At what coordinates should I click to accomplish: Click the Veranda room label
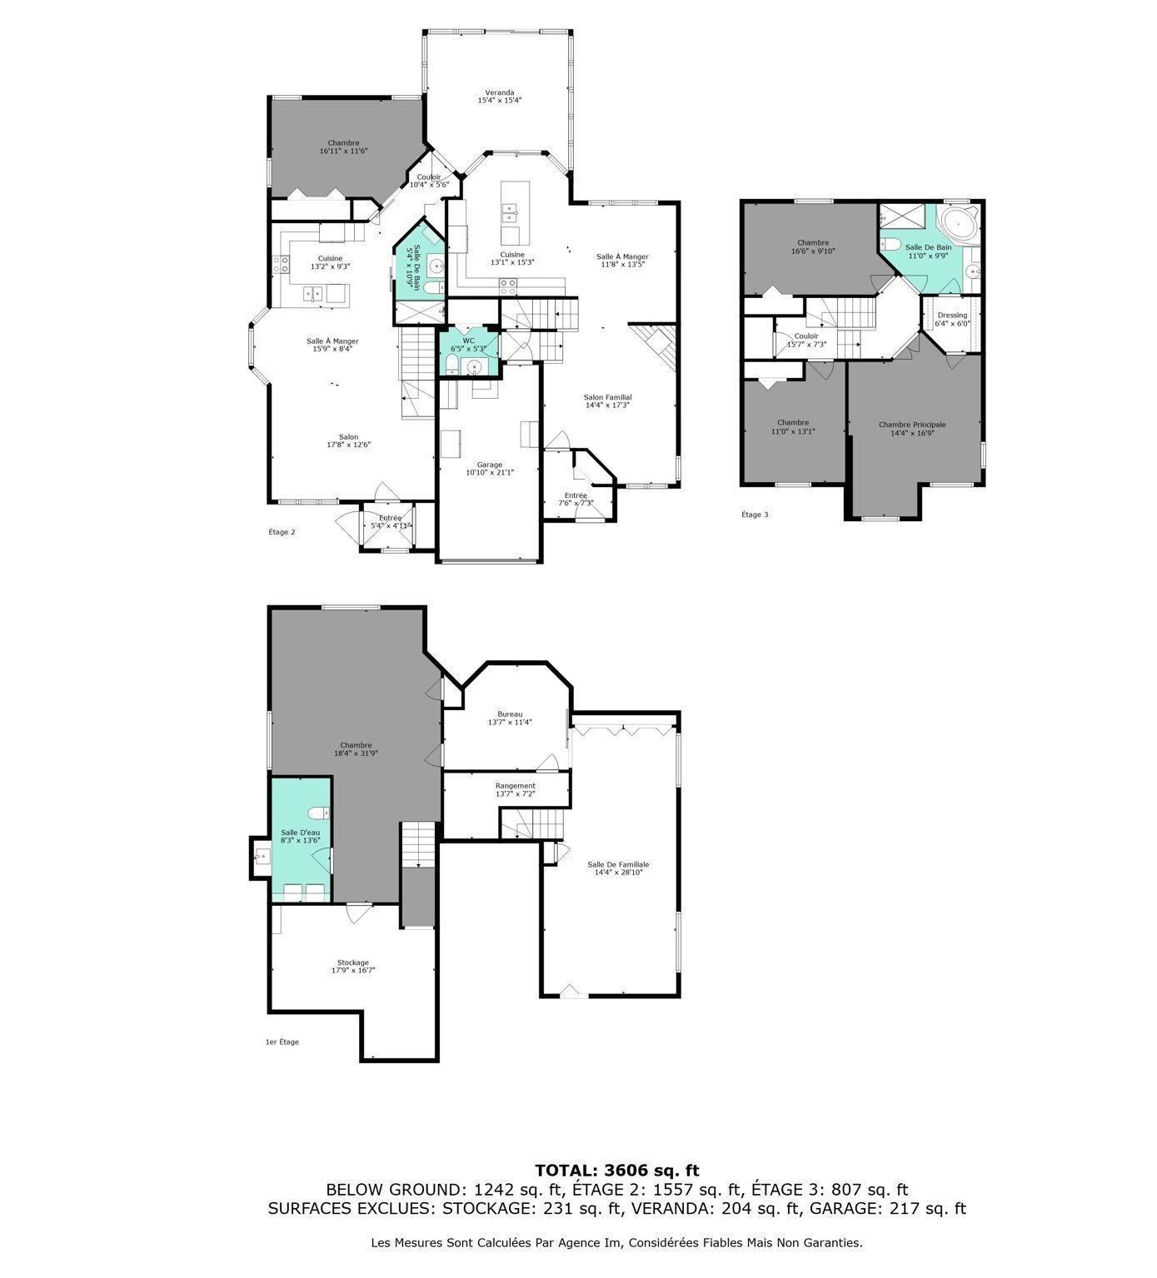(x=500, y=92)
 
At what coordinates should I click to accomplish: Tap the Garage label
(x=490, y=465)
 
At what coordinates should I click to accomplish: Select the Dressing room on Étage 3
(x=952, y=319)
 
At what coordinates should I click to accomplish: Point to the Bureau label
(x=510, y=714)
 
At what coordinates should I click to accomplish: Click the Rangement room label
(x=516, y=786)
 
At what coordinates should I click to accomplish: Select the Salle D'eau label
(x=301, y=833)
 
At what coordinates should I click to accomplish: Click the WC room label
(x=469, y=341)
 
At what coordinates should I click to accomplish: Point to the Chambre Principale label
(x=912, y=425)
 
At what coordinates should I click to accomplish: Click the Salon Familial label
(x=608, y=397)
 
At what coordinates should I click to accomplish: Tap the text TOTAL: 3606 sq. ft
(x=617, y=1171)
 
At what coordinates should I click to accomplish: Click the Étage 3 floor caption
(x=755, y=515)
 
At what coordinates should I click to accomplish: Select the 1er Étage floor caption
(x=282, y=1042)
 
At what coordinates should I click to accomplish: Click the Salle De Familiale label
(x=618, y=865)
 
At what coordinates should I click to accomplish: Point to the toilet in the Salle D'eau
(x=318, y=813)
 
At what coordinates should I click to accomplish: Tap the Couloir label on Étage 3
(x=806, y=336)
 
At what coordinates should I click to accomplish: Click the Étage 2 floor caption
(x=282, y=532)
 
